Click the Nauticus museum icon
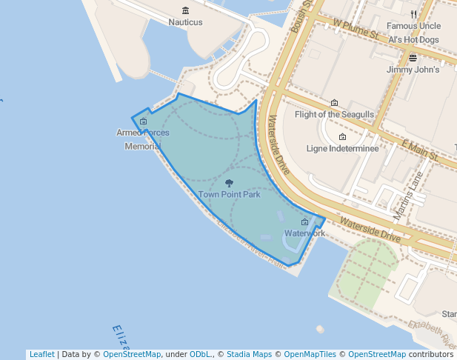pos(185,10)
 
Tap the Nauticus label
pos(185,22)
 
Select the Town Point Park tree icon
pos(229,183)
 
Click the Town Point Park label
pos(229,195)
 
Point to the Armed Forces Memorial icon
pos(143,121)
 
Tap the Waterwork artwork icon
pos(304,222)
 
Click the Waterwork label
pos(304,233)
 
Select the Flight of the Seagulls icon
pos(334,103)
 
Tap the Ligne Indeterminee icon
pos(342,137)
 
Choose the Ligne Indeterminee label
pos(342,149)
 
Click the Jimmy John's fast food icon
pos(413,58)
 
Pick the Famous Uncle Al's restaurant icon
pos(413,14)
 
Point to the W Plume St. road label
pos(356,29)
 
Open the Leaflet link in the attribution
pos(41,354)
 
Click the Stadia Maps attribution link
pos(249,354)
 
